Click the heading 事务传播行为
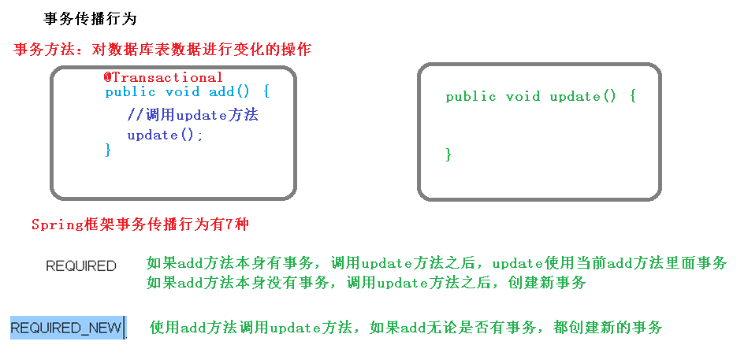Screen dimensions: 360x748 (x=90, y=19)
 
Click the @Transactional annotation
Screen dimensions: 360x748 (x=163, y=77)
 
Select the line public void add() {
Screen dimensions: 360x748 (x=188, y=91)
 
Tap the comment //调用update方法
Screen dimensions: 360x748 (x=192, y=115)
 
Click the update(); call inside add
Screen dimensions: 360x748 (x=166, y=135)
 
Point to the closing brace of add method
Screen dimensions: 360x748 (x=108, y=150)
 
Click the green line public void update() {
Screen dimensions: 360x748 (x=540, y=96)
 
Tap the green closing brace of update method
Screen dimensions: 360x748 (x=448, y=154)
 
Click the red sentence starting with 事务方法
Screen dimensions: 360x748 (x=163, y=50)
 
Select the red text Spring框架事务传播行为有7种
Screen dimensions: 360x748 (x=140, y=225)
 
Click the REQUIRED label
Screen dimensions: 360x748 (x=81, y=266)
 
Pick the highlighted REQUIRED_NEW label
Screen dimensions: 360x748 (x=66, y=328)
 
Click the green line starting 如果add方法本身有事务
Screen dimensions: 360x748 (x=437, y=263)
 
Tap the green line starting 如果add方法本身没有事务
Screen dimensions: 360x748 (x=367, y=282)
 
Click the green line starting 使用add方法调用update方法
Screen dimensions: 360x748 (x=406, y=327)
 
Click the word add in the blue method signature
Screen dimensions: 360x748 (x=221, y=91)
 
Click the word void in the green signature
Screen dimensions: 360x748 (x=523, y=96)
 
